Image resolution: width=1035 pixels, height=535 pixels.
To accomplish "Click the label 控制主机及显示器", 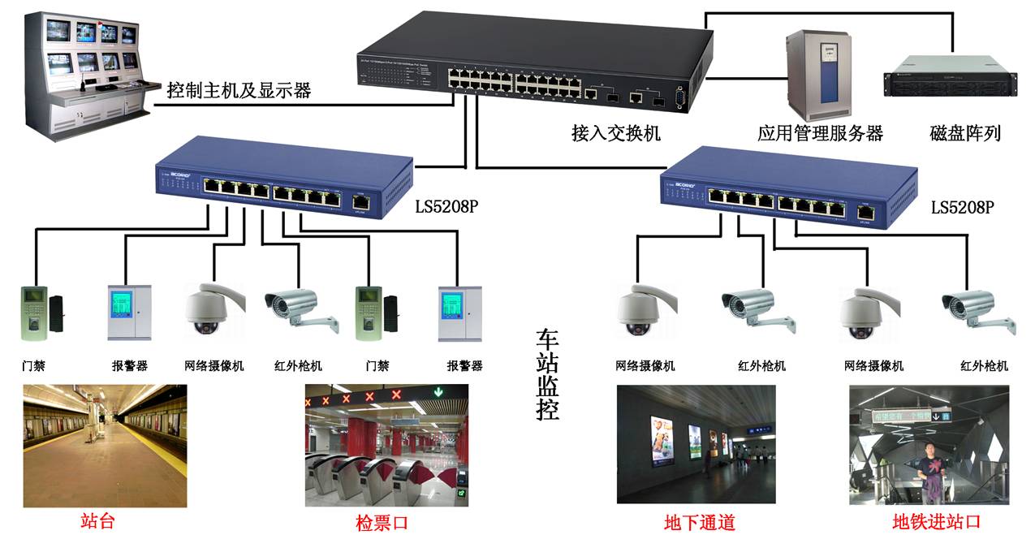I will [239, 89].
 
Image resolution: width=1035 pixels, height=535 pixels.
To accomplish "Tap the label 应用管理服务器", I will [820, 133].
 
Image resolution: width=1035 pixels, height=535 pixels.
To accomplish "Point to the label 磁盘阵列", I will [965, 133].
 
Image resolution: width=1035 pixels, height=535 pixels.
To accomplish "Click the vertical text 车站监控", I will [549, 374].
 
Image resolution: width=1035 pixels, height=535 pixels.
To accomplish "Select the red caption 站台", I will [97, 520].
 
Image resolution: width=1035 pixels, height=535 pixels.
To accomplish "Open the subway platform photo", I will [105, 446].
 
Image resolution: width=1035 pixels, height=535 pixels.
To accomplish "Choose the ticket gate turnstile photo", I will [386, 446].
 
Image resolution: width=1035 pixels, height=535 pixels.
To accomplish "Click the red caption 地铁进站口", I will [936, 522].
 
